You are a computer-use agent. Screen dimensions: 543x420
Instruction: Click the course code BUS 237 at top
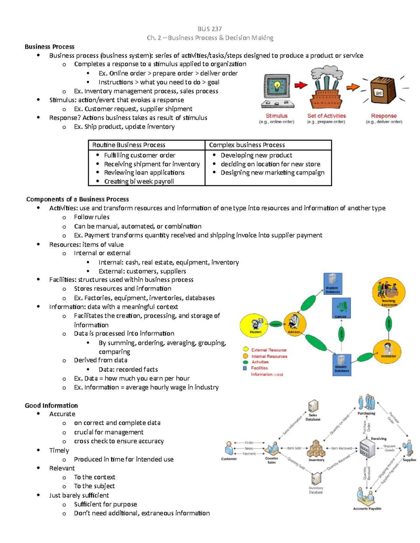pos(209,29)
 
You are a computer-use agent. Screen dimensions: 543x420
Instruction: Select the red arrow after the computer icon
pos(301,85)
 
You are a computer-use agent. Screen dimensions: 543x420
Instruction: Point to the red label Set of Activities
pos(326,116)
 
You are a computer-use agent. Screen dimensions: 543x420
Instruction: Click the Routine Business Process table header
pos(129,145)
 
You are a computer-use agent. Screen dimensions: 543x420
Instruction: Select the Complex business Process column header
pos(247,145)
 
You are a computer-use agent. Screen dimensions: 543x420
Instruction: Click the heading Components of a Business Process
pos(77,199)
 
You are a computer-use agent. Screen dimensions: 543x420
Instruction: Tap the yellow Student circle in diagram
pos(254,325)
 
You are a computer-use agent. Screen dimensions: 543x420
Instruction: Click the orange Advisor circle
pos(295,324)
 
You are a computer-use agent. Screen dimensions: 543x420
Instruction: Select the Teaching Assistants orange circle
pos(389,292)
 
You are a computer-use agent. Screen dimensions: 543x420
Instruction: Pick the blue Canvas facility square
pos(341,308)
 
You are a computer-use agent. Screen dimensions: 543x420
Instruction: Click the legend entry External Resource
pos(268,350)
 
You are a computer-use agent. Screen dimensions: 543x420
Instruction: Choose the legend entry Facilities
pos(259,368)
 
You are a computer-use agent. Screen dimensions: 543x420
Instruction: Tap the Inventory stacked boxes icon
pos(316,449)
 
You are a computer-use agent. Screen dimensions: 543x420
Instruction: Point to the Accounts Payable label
pos(367,509)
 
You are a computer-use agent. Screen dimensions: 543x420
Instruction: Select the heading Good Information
pos(51,405)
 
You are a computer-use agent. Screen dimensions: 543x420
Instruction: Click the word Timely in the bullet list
pos(59,450)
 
